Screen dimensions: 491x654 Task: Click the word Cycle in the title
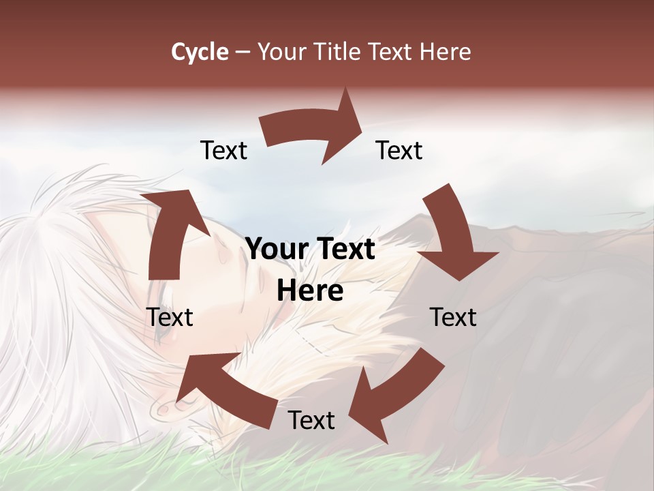200,52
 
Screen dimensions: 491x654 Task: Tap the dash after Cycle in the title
243,53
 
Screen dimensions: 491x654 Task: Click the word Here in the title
446,52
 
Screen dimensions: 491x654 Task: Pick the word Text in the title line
390,52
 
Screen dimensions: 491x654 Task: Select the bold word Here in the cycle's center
310,291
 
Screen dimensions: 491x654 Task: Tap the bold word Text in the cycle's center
343,250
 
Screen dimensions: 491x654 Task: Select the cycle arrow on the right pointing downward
454,235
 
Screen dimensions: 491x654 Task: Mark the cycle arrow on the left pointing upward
174,232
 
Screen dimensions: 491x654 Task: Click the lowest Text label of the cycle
311,421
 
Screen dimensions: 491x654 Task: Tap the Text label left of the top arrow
223,150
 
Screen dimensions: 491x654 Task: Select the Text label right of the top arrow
399,150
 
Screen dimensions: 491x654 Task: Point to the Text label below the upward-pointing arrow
170,317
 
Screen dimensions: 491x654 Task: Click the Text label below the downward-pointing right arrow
453,317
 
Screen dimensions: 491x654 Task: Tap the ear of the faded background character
163,407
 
